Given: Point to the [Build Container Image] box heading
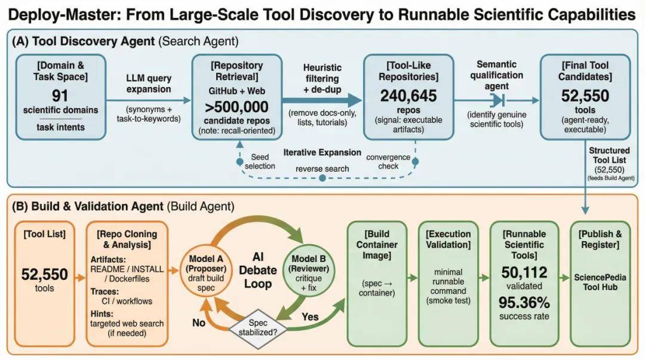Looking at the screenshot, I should (376, 245).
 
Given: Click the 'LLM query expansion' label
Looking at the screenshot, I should (149, 84).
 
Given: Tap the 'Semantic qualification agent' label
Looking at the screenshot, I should (496, 75).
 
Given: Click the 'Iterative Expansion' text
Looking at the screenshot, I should (322, 152).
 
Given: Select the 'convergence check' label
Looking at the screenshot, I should (388, 161).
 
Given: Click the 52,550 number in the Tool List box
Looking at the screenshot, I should (45, 274).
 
